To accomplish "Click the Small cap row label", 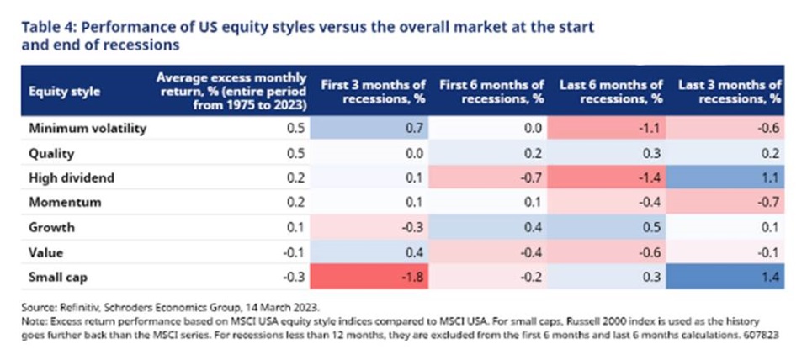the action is [57, 278].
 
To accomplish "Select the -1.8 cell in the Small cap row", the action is [369, 278].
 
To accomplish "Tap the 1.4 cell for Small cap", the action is [725, 278].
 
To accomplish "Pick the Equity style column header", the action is [64, 92].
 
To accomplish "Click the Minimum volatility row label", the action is [88, 128].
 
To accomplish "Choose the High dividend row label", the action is [71, 178].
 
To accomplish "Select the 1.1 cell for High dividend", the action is [725, 178].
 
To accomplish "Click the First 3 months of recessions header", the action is [374, 92].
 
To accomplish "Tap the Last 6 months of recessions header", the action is [611, 92].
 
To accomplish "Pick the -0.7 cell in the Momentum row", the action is [725, 202].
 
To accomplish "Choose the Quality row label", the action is [51, 153].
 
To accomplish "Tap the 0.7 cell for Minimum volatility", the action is [369, 128].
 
